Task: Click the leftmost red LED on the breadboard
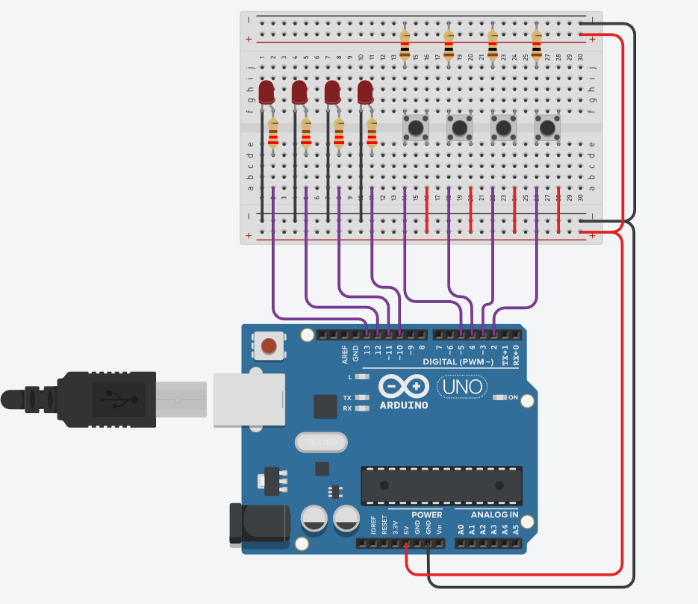click(x=267, y=93)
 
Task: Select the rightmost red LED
click(x=365, y=93)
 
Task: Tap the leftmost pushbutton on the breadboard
click(x=415, y=128)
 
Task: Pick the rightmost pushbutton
click(x=548, y=128)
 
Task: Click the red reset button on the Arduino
click(x=269, y=346)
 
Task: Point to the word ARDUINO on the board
click(x=404, y=405)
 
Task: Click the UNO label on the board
click(x=460, y=387)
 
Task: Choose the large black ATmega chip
click(x=441, y=485)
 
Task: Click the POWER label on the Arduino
click(x=426, y=514)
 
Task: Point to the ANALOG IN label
click(x=494, y=514)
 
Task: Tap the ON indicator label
click(x=514, y=397)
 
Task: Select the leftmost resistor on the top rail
click(x=405, y=46)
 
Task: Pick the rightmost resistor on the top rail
click(x=537, y=46)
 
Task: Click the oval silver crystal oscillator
click(x=321, y=443)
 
